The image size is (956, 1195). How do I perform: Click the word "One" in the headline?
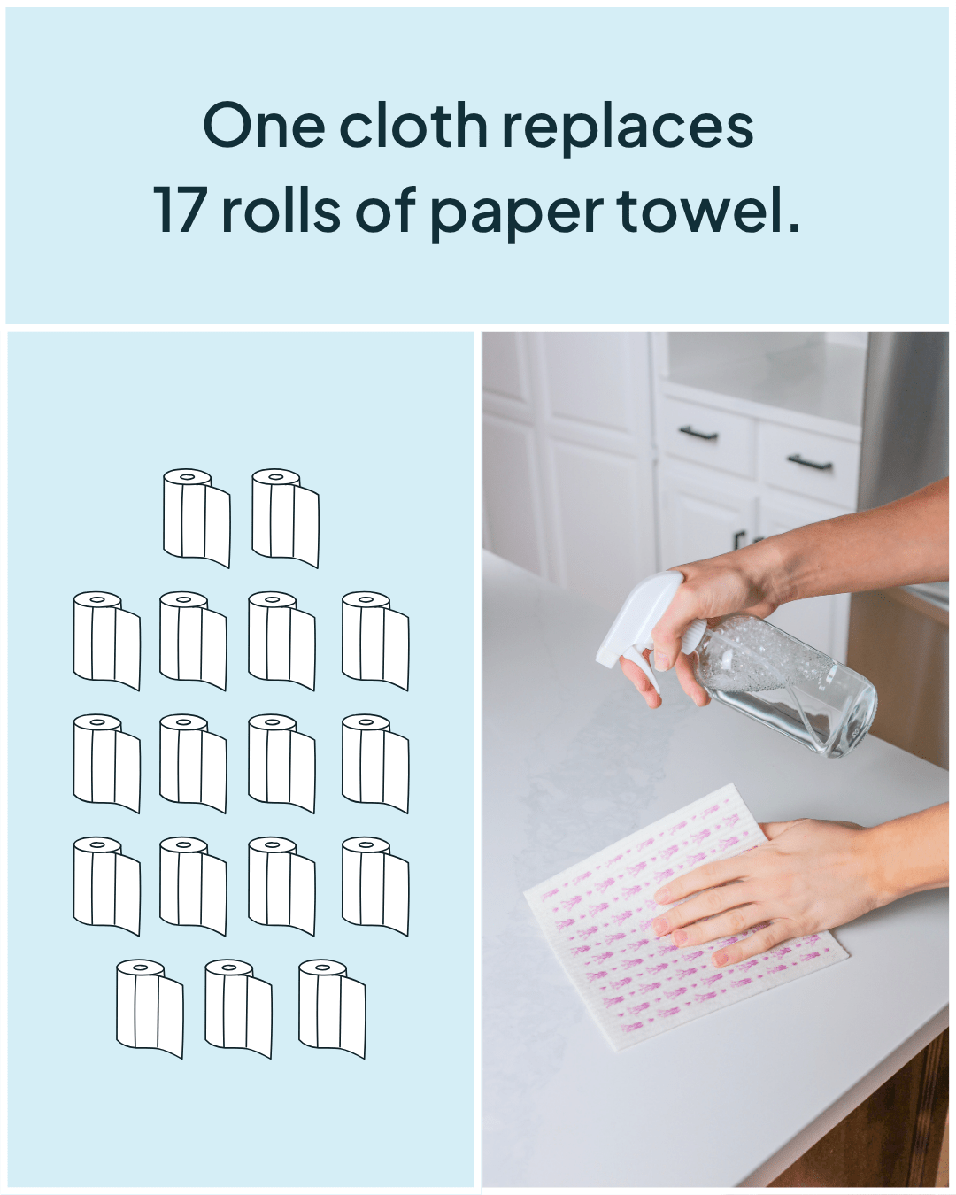click(x=264, y=125)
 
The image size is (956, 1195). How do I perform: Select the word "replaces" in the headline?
click(x=628, y=129)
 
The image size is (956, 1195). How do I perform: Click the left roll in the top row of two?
click(x=197, y=518)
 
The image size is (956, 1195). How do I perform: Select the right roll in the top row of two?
click(x=286, y=518)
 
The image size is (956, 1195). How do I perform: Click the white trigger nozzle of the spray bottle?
click(x=639, y=622)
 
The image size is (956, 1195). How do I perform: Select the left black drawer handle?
click(x=698, y=433)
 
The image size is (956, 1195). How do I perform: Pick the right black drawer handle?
click(x=810, y=461)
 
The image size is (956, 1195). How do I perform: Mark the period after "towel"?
click(x=793, y=227)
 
